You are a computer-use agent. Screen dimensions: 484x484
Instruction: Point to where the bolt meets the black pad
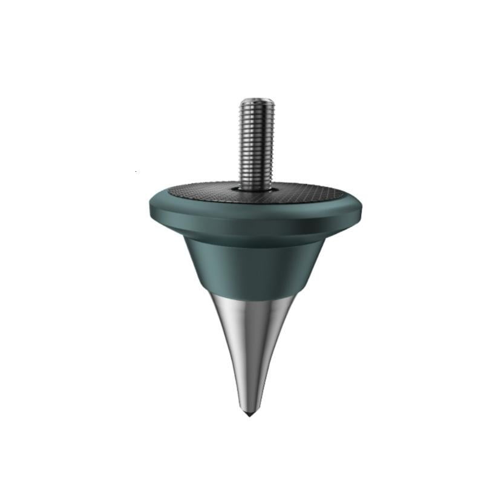point(257,186)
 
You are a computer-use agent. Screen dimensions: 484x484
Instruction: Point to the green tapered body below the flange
point(254,266)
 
